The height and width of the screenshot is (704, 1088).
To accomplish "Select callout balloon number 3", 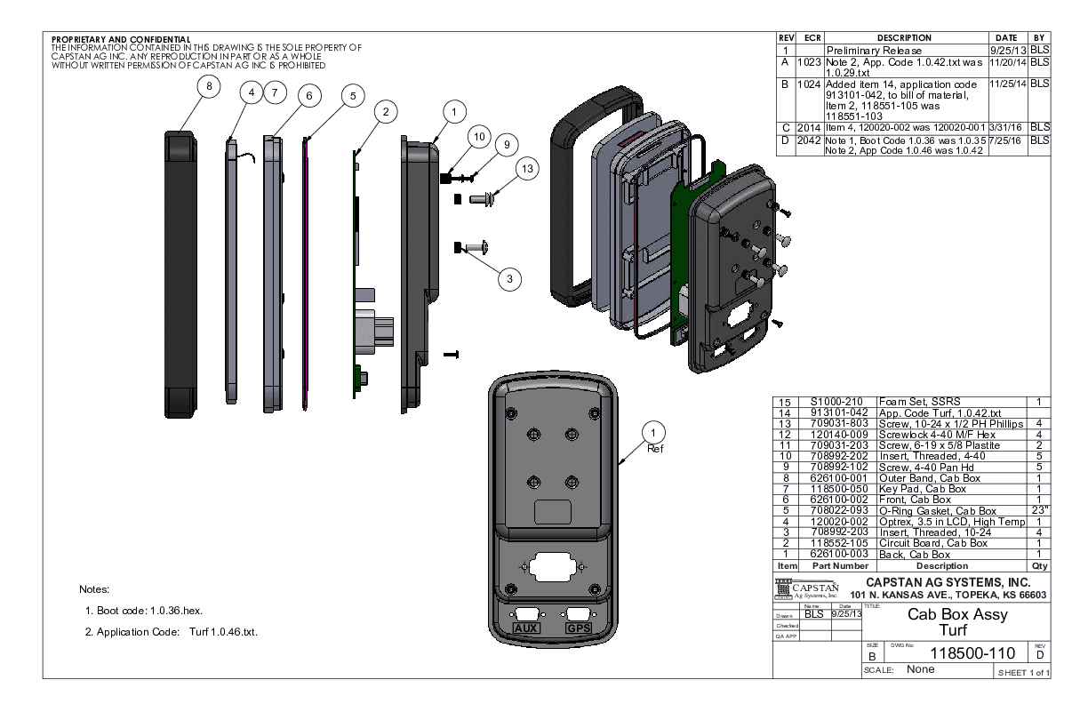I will coord(509,279).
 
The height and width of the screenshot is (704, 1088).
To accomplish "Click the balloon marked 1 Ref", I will coord(654,433).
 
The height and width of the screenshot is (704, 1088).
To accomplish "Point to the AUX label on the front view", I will coord(528,628).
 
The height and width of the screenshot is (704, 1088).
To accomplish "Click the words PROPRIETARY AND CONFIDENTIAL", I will coord(120,40).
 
